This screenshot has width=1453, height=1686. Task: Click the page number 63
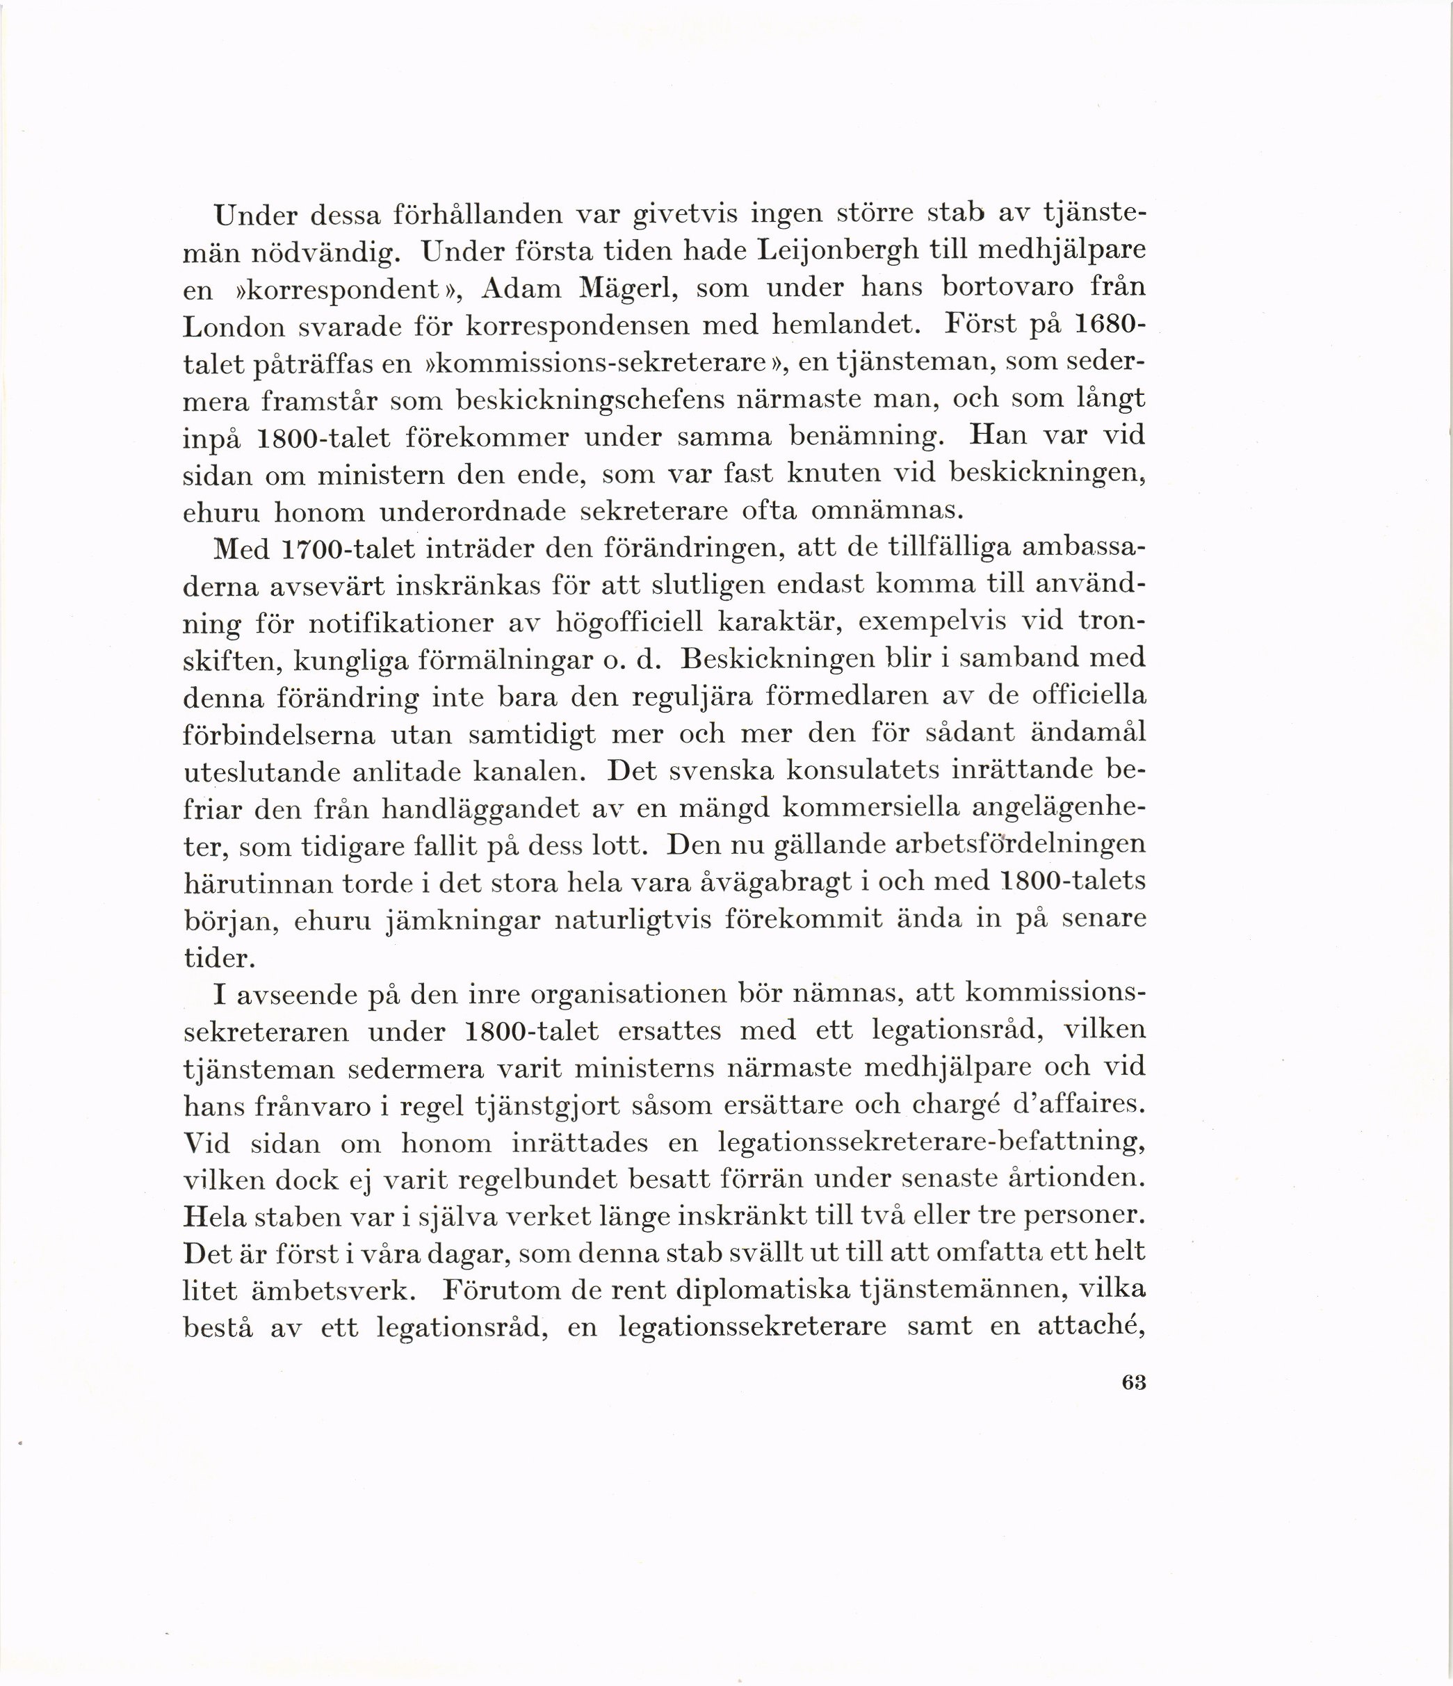[1133, 1382]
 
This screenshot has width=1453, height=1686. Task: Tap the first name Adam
[521, 288]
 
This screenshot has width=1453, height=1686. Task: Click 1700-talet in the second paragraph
[348, 549]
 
